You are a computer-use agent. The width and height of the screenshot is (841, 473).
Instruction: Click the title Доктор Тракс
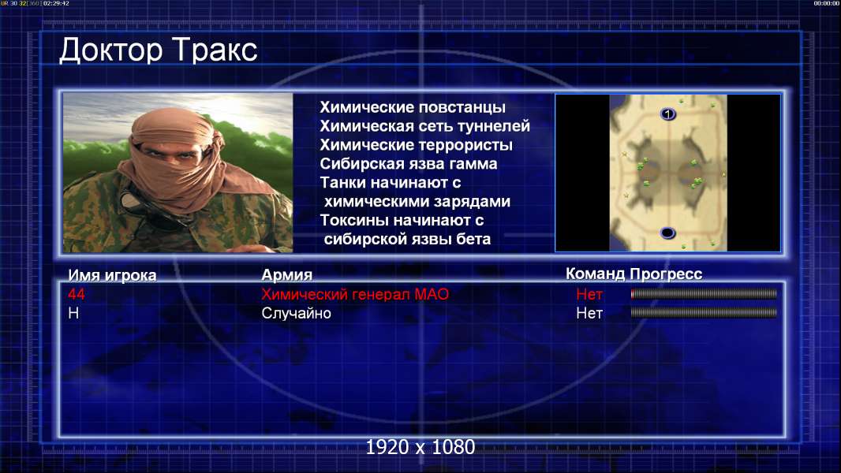[x=159, y=50]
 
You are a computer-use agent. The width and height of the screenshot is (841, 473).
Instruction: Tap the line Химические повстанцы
[x=413, y=107]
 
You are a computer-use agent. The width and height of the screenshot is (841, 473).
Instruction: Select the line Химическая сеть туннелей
[x=424, y=126]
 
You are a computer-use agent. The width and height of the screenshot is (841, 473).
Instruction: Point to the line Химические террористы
[x=417, y=145]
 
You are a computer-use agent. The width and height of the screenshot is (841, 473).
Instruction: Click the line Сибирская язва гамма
[x=409, y=163]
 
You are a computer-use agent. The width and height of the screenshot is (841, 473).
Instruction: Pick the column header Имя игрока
[x=112, y=275]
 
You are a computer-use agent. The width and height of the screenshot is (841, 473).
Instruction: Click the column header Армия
[x=287, y=275]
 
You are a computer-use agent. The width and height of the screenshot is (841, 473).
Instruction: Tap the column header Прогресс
[x=666, y=274]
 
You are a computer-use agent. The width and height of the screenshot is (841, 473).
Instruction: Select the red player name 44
[x=77, y=294]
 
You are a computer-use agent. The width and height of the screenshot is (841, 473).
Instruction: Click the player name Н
[x=73, y=313]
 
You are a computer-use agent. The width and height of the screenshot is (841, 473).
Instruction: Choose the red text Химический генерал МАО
[x=355, y=294]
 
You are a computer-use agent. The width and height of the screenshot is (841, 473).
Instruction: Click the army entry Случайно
[x=296, y=313]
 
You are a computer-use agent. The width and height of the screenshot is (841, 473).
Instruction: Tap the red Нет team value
[x=589, y=294]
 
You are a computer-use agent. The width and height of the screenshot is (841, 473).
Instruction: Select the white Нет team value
[x=589, y=313]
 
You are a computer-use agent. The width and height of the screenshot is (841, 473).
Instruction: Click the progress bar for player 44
[x=704, y=293]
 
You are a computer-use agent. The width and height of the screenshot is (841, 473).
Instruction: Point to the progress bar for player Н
[x=704, y=312]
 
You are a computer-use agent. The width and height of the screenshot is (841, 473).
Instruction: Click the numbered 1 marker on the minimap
[x=667, y=114]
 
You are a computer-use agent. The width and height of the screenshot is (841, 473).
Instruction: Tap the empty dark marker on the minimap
[x=667, y=233]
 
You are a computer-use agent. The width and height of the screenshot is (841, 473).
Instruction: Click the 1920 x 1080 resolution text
[x=420, y=447]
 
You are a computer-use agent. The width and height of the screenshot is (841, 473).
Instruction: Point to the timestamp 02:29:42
[x=56, y=3]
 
